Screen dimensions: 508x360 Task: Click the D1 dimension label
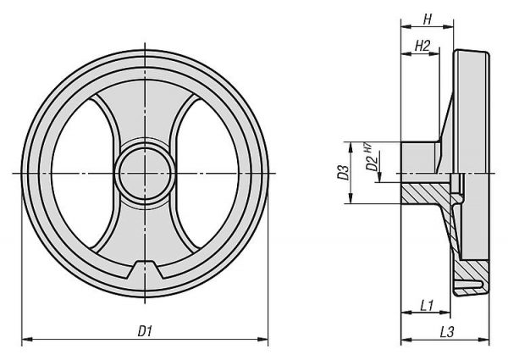click(x=145, y=331)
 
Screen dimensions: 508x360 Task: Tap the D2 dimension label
click(x=372, y=163)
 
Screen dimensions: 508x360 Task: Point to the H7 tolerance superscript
click(x=368, y=147)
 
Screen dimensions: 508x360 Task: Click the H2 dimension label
click(x=422, y=46)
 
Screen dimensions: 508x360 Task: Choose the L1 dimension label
click(x=427, y=306)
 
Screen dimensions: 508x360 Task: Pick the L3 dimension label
click(x=447, y=332)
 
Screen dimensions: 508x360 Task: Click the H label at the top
click(x=428, y=19)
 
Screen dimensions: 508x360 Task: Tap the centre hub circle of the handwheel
click(x=145, y=174)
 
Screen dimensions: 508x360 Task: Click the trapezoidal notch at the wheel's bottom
click(x=145, y=270)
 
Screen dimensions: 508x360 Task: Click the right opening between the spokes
click(x=207, y=174)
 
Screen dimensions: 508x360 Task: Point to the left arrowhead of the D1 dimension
click(x=27, y=340)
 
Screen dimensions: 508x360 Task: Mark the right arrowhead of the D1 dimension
click(x=262, y=340)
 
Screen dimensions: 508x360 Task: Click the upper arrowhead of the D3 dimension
click(x=351, y=147)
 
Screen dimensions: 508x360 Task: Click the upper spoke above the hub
click(x=145, y=114)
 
